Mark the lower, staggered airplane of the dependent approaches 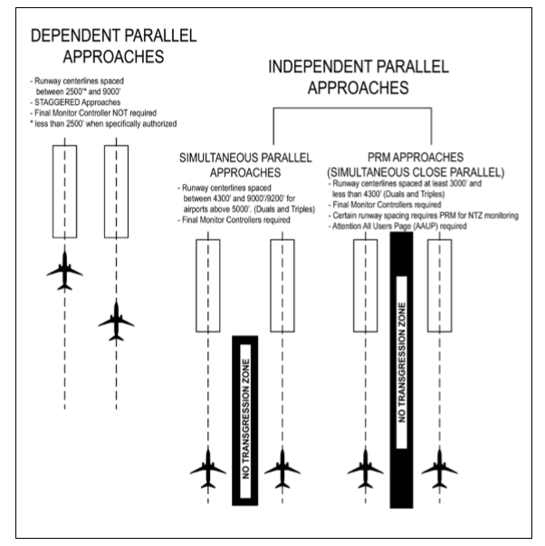(116, 320)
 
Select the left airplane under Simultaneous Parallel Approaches (208, 470)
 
